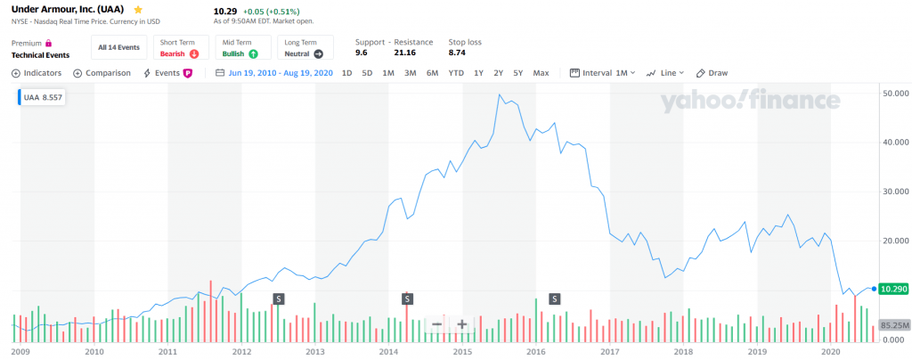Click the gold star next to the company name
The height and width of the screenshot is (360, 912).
(138, 9)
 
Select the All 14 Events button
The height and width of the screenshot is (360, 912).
(119, 47)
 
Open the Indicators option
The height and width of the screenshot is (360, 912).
(37, 73)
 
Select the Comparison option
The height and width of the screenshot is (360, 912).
(102, 73)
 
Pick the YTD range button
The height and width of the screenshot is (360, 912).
(456, 73)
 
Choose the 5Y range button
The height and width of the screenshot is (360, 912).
(517, 73)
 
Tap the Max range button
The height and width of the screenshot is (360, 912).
(541, 73)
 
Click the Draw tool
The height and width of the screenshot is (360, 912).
(712, 73)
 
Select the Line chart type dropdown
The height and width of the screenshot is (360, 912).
(666, 73)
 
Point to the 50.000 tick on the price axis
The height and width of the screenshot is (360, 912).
(892, 93)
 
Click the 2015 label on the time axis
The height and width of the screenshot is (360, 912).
(461, 353)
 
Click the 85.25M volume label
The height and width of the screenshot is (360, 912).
(892, 325)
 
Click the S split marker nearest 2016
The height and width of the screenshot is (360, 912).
(554, 299)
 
